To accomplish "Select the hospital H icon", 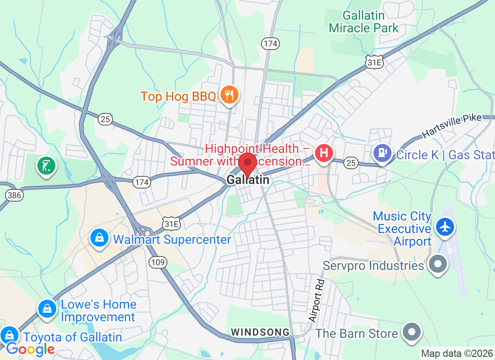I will click(x=324, y=153).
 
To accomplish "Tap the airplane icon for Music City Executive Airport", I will click(x=445, y=227).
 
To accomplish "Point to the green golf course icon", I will click(x=46, y=166).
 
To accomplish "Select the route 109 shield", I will click(x=158, y=262).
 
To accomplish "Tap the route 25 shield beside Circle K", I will click(x=351, y=162).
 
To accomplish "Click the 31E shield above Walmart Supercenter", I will click(x=171, y=223).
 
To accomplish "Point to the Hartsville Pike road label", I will click(x=451, y=126).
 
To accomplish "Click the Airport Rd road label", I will click(x=317, y=301).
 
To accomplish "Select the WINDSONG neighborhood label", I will click(x=260, y=332).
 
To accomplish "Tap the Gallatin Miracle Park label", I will click(x=364, y=22).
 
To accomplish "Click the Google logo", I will click(x=30, y=349).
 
